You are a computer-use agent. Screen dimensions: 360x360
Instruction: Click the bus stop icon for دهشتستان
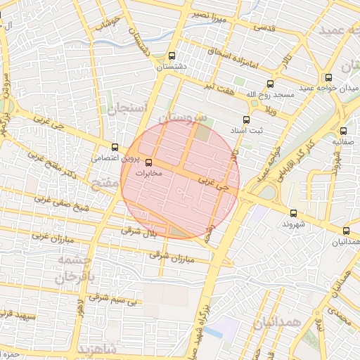click(182, 55)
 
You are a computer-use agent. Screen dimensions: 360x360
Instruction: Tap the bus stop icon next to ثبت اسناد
click(246, 120)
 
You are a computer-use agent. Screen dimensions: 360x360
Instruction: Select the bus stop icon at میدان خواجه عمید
click(328, 78)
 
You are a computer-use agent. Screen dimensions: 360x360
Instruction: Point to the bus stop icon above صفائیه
click(344, 131)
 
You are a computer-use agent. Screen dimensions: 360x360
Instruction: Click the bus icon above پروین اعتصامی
click(115, 147)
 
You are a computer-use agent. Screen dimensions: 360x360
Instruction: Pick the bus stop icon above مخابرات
click(156, 162)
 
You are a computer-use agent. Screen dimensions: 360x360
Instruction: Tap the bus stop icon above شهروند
click(293, 213)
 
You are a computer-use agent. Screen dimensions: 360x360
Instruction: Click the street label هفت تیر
click(214, 86)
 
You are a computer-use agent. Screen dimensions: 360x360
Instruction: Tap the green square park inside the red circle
click(203, 132)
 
